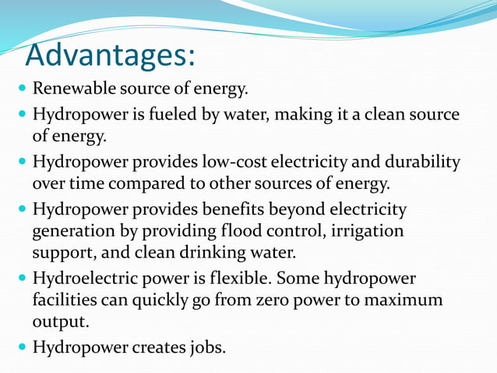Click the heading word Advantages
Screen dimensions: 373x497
pos(109,55)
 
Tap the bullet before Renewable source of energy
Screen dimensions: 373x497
pos(19,89)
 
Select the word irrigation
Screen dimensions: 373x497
pos(365,232)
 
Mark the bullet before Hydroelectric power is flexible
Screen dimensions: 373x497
pos(19,279)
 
